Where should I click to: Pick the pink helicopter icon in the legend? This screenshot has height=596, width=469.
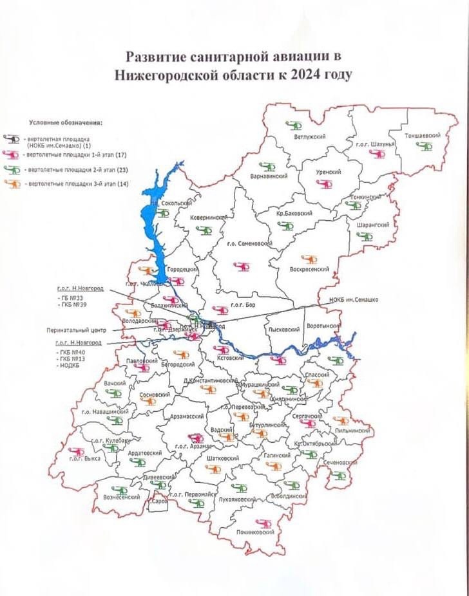[12, 156]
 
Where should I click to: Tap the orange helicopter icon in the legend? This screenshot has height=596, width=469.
[12, 185]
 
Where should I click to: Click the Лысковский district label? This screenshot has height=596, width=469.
[283, 330]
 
